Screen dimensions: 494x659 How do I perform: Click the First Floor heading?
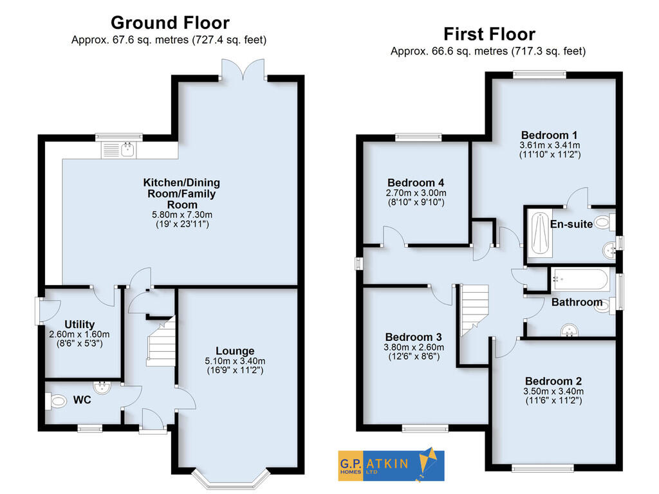tap(488, 33)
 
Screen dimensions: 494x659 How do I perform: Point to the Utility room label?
tap(79, 324)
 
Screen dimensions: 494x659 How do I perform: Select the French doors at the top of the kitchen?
tap(242, 69)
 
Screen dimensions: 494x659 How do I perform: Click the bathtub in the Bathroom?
tap(580, 279)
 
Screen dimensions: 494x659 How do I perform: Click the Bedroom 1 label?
tap(549, 135)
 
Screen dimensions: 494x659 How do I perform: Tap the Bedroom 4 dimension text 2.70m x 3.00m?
tap(416, 193)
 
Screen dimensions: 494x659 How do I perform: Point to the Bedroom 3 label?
tap(413, 337)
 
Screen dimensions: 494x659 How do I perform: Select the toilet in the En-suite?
tap(603, 223)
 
